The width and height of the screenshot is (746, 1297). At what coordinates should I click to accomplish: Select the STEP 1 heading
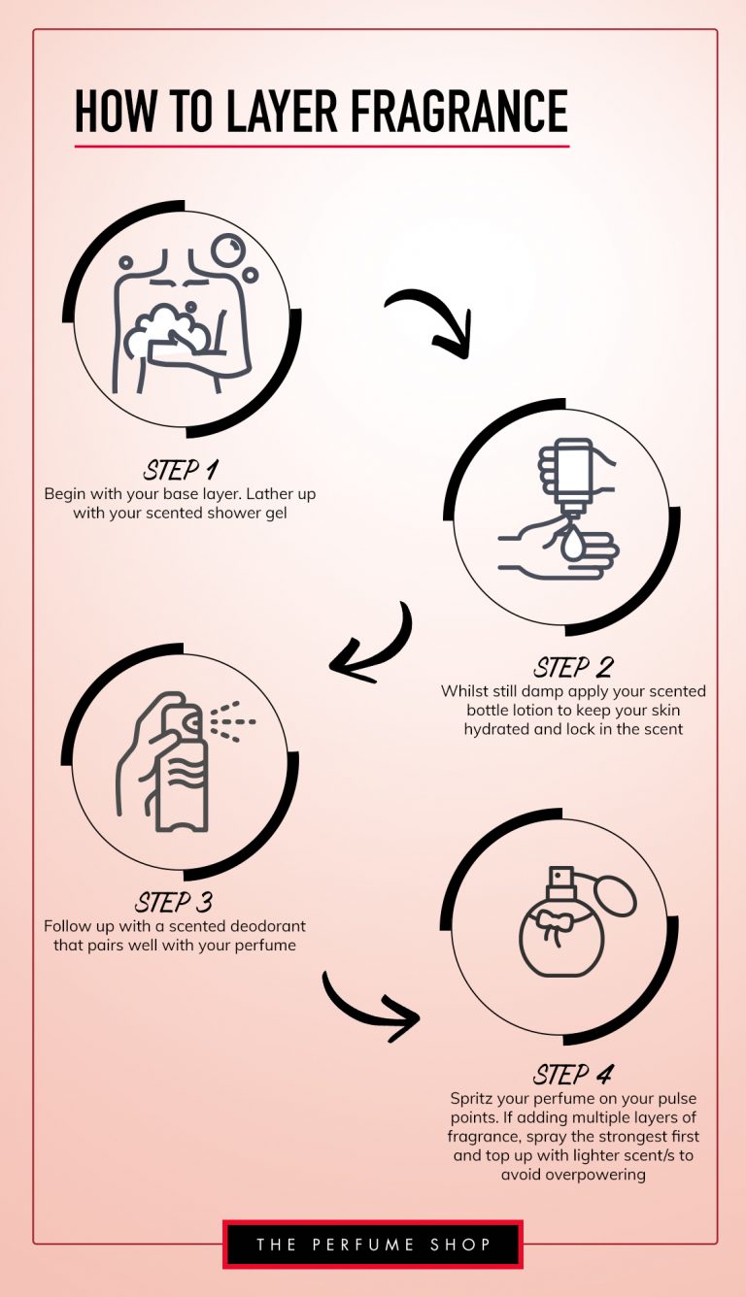pos(180,471)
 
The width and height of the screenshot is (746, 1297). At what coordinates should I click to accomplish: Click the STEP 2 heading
pos(573,668)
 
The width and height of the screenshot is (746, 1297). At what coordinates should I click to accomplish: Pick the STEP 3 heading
pos(174,902)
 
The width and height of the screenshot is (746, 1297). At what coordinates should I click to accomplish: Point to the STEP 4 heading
pos(573,1075)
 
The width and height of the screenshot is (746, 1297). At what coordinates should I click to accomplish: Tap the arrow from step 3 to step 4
pos(369,1005)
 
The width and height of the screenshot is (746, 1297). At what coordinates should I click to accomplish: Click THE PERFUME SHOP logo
pos(373,1244)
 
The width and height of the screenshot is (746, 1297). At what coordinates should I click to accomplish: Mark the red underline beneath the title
pos(322,147)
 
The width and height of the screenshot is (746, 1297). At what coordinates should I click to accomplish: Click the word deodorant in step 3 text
pos(262,926)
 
